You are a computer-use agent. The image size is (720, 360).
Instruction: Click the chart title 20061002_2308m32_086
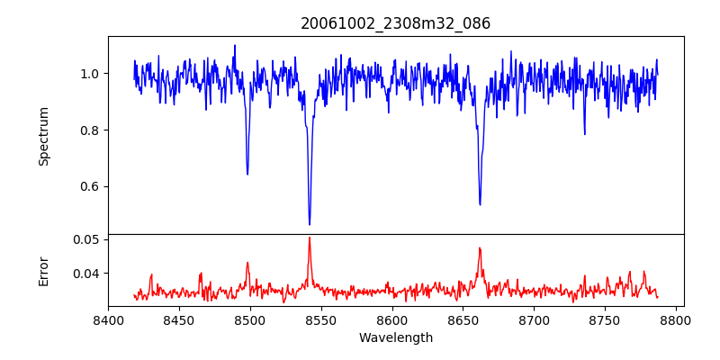(396, 23)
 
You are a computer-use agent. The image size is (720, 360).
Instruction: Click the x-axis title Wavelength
(396, 338)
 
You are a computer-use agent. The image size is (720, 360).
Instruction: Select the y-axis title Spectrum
(44, 136)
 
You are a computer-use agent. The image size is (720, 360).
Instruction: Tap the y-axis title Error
(44, 270)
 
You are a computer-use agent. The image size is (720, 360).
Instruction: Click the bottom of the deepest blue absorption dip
(310, 224)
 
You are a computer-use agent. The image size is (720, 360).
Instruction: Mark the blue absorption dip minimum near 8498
(247, 174)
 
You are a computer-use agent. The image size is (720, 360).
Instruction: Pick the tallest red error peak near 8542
(310, 238)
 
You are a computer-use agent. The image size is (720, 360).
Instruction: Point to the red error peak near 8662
(480, 248)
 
